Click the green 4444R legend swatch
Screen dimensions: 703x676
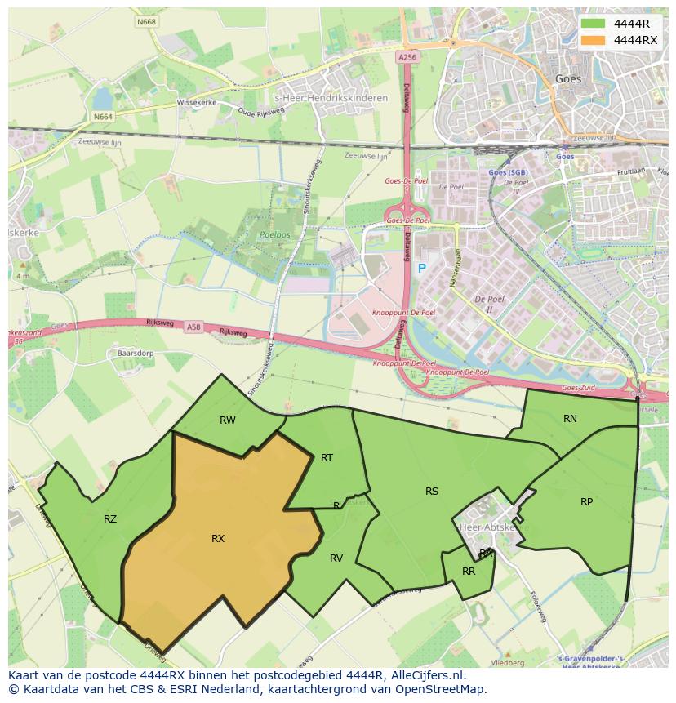pyautogui.click(x=594, y=24)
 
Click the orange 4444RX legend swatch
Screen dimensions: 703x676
pyautogui.click(x=594, y=40)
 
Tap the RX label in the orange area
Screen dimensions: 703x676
pyautogui.click(x=218, y=539)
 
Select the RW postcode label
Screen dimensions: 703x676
pyautogui.click(x=228, y=420)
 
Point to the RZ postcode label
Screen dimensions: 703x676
pyautogui.click(x=110, y=518)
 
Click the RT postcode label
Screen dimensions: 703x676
pyautogui.click(x=327, y=458)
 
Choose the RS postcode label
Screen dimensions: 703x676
pyautogui.click(x=432, y=492)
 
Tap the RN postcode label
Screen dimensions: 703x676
pyautogui.click(x=570, y=419)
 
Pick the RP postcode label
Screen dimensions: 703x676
pyautogui.click(x=586, y=502)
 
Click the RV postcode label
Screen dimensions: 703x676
pyautogui.click(x=336, y=558)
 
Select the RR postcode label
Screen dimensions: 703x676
pyautogui.click(x=469, y=572)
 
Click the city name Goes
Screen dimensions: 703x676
pyautogui.click(x=568, y=79)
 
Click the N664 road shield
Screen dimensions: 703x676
pyautogui.click(x=103, y=117)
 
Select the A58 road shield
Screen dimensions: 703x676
pyautogui.click(x=193, y=327)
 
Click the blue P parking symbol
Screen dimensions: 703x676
pyautogui.click(x=422, y=269)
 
